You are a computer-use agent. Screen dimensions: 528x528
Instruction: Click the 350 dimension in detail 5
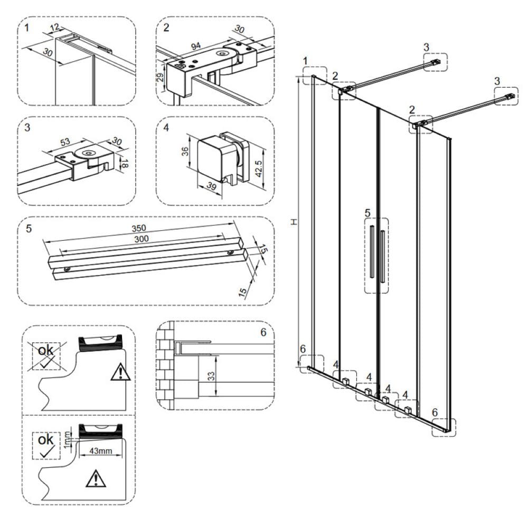coord(138,228)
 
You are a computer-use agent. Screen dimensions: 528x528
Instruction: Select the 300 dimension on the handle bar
coord(140,239)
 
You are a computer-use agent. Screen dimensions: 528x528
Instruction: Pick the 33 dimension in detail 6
coord(210,376)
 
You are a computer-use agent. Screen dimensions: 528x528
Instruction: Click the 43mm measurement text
coord(100,452)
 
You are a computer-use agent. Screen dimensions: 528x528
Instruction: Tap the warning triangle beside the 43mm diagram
coord(96,479)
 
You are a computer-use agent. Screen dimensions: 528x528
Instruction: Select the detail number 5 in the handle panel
coord(29,228)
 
